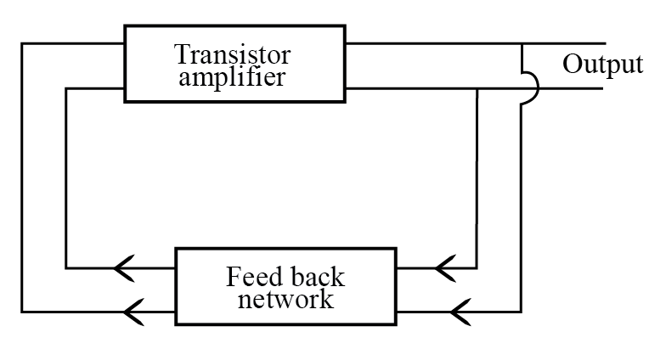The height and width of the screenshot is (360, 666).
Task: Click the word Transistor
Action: [232, 55]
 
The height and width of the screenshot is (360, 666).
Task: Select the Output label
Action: [601, 65]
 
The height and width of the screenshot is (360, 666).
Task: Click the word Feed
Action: [252, 278]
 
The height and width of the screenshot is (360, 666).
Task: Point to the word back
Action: [315, 278]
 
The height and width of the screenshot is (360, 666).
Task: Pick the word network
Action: [285, 300]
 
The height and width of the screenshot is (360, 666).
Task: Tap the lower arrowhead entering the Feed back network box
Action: [459, 311]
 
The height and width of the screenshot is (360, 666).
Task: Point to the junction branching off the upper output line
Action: [520, 43]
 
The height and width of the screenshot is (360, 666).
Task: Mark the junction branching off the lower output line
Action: [478, 87]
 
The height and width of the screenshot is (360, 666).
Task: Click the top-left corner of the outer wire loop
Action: [23, 43]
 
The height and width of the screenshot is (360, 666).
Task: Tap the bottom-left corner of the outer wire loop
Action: [23, 311]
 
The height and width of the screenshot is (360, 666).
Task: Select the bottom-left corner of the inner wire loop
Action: [67, 269]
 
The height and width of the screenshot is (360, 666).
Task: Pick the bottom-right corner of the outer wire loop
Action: [520, 311]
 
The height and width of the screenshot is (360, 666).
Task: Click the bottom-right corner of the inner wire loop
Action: [478, 269]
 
